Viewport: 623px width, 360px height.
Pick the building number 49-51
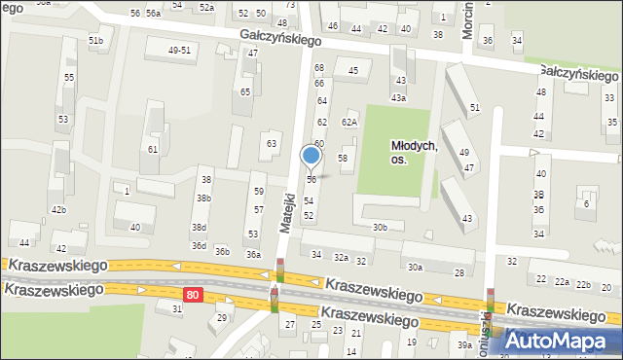[179, 50]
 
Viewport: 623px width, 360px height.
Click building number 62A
[348, 122]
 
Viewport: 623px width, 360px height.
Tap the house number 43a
[398, 97]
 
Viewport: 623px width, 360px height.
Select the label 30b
[380, 228]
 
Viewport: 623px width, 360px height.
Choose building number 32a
[341, 257]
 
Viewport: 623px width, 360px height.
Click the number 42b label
[58, 209]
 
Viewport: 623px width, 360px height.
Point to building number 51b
[95, 40]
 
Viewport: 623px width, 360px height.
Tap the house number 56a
[153, 13]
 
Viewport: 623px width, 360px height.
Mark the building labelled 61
[153, 149]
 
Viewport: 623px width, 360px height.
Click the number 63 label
[273, 144]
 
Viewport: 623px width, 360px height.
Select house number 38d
[199, 228]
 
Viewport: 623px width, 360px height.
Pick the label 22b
[582, 284]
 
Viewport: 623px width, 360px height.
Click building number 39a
[465, 345]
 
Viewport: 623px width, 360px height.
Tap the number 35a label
[612, 123]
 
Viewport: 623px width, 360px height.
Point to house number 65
[245, 91]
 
